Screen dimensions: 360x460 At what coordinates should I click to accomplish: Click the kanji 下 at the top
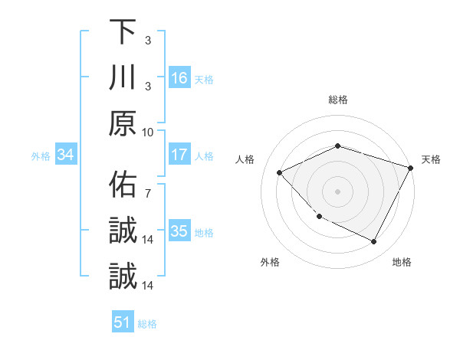pos(123,32)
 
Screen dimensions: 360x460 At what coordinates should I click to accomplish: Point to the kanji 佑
pos(123,185)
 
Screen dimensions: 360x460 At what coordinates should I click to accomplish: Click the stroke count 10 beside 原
pos(148,131)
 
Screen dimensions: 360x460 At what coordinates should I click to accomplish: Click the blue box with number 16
pos(179,77)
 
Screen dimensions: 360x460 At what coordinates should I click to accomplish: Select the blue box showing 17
pos(179,155)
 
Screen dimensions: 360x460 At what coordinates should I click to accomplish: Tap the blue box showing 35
pos(179,231)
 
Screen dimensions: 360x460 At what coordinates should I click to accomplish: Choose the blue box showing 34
pos(66,155)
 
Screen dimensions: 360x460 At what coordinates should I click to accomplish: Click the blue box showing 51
pos(123,322)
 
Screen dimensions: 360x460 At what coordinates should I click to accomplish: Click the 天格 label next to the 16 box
pos(204,79)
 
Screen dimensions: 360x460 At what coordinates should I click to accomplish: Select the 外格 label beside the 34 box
pos(41,156)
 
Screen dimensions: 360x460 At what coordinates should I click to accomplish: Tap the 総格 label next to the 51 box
pos(147,324)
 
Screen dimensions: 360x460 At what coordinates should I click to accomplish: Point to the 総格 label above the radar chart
pos(338,100)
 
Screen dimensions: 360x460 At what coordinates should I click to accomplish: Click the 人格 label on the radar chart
pos(245,159)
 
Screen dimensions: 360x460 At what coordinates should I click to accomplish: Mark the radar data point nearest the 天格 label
pos(412,167)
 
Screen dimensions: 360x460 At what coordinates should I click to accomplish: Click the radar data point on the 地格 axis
pos(374,242)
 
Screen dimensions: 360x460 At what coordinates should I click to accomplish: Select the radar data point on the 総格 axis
pos(338,146)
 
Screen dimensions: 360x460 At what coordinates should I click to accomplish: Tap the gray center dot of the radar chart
pos(338,191)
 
